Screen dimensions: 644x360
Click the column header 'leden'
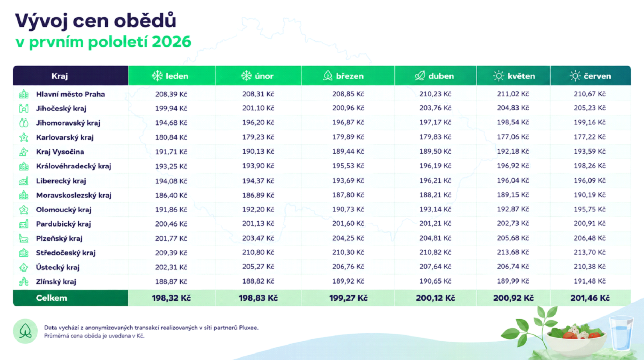[177, 76]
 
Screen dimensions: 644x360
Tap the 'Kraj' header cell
[59, 76]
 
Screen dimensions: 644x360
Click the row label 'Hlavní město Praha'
[71, 94]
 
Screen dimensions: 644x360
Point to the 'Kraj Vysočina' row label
[60, 152]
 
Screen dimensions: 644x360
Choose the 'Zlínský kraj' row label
[56, 281]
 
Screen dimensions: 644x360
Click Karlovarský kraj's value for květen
[513, 137]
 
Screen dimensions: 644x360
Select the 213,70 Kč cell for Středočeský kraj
[590, 252]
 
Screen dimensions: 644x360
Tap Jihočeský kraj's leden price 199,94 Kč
[171, 108]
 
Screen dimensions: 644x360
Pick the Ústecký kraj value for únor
[258, 267]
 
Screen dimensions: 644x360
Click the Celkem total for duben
[435, 298]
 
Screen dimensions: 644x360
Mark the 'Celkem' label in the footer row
[51, 298]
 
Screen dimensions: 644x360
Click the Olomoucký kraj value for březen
[348, 209]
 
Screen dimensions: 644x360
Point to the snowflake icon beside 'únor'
[246, 75]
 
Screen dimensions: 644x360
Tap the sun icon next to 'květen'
[498, 76]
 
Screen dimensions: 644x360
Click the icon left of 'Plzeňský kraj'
[24, 238]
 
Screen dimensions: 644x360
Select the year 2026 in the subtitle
[171, 42]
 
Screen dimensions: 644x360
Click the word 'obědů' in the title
[145, 21]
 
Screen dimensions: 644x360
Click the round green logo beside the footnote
[25, 331]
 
